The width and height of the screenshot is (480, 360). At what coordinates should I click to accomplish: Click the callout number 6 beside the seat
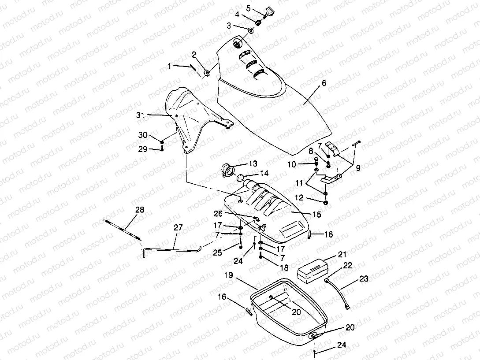click(324, 83)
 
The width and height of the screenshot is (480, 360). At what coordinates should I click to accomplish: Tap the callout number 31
click(140, 115)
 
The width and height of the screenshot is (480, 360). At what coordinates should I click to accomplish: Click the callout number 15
click(316, 215)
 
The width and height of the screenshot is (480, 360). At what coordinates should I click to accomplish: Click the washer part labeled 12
click(325, 202)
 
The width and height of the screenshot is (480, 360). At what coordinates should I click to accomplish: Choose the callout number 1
click(170, 66)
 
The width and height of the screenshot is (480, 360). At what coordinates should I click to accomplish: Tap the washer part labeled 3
click(250, 30)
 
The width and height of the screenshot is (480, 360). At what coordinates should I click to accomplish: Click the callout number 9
click(357, 167)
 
